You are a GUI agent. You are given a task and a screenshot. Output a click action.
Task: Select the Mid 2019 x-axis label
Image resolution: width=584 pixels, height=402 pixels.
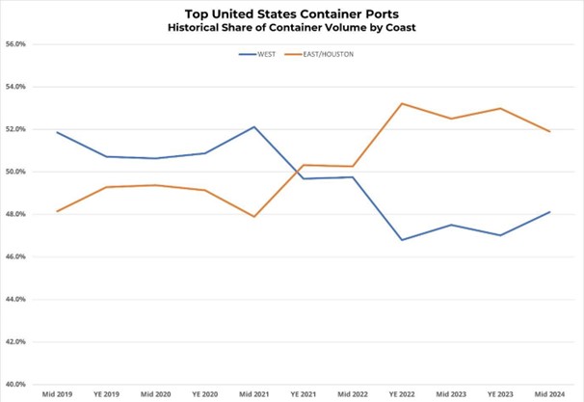[x=56, y=395]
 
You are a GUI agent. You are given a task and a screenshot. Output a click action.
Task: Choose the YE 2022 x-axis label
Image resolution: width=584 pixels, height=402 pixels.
[x=402, y=395]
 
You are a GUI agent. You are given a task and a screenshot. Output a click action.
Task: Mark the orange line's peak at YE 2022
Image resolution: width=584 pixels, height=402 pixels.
[x=402, y=103]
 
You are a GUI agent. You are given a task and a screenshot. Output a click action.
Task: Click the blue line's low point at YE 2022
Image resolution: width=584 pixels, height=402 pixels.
[x=402, y=240]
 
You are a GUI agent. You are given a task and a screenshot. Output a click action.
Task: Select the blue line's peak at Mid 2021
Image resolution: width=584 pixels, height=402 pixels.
[x=253, y=126]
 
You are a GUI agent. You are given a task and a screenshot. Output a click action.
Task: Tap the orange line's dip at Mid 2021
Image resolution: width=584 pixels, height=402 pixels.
[x=253, y=217]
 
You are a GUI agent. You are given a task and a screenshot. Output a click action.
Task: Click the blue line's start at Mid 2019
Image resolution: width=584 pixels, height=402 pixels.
[x=57, y=132]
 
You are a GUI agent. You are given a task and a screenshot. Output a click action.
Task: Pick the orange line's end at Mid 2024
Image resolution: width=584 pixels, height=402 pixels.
[x=549, y=131]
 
